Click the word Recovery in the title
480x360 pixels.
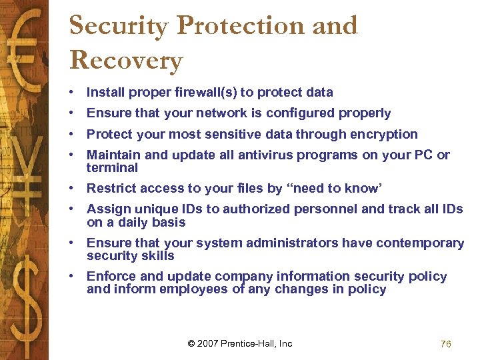point(125,60)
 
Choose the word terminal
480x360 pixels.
point(112,167)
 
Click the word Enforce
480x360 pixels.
point(110,277)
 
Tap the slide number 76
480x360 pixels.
point(446,344)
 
